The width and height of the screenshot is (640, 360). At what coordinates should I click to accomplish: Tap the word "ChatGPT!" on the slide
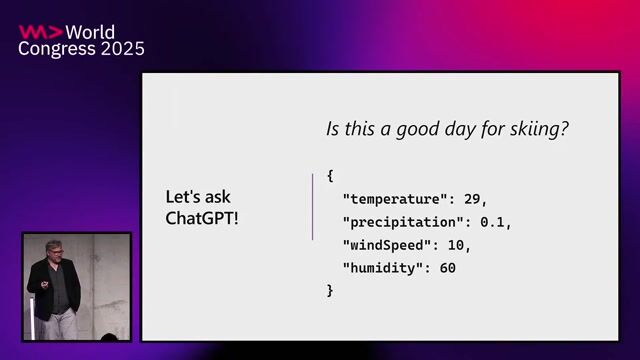(202, 217)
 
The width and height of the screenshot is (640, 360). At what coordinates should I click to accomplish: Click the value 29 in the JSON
(472, 198)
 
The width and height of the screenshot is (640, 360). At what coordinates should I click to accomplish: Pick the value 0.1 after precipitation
(495, 221)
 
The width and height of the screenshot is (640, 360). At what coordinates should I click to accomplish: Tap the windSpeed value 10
(457, 244)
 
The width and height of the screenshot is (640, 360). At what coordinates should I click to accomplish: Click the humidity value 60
(447, 267)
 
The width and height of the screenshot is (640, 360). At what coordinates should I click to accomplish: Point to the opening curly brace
(330, 176)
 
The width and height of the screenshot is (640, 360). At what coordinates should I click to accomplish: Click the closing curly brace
(330, 290)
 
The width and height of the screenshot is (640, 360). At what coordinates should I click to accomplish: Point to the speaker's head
(53, 250)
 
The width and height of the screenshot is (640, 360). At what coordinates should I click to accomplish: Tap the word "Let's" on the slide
(184, 197)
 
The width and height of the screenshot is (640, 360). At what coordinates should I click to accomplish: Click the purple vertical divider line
(313, 206)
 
